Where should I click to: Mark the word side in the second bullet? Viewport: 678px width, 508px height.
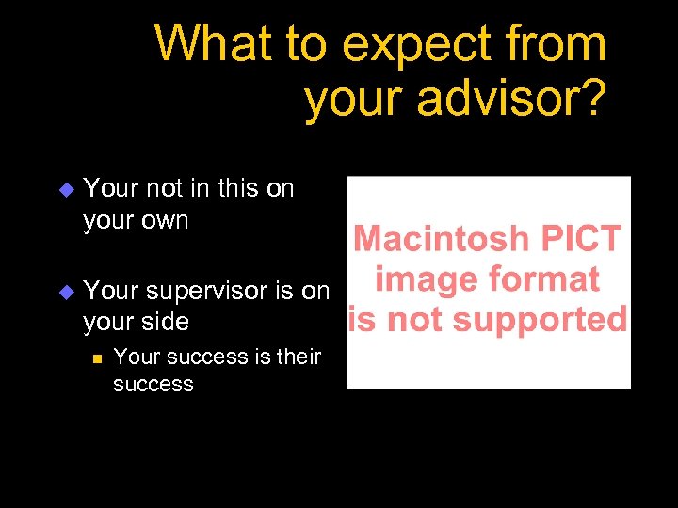tap(165, 322)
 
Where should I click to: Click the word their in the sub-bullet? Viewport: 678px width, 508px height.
tap(299, 357)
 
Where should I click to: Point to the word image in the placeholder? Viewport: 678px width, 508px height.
tap(422, 279)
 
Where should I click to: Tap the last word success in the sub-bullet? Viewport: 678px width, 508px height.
tap(153, 384)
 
